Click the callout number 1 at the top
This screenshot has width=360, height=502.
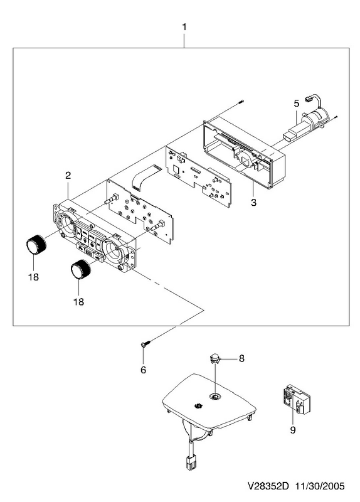[x=184, y=27]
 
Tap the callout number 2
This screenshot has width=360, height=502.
[x=68, y=176]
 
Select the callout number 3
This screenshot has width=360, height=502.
[x=253, y=202]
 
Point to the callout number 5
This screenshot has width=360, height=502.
[x=296, y=104]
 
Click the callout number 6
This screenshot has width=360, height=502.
[x=143, y=370]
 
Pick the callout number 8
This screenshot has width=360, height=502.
[x=241, y=358]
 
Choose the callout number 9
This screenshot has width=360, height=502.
[x=293, y=430]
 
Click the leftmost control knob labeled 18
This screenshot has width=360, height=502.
[x=36, y=245]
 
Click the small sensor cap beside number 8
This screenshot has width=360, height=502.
[x=214, y=358]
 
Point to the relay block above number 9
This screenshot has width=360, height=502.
[x=296, y=399]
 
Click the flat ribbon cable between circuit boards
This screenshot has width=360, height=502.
[x=146, y=177]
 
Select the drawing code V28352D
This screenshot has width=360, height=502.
[x=268, y=486]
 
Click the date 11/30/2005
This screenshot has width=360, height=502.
[x=320, y=486]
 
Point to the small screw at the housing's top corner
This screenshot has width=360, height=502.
[x=241, y=102]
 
